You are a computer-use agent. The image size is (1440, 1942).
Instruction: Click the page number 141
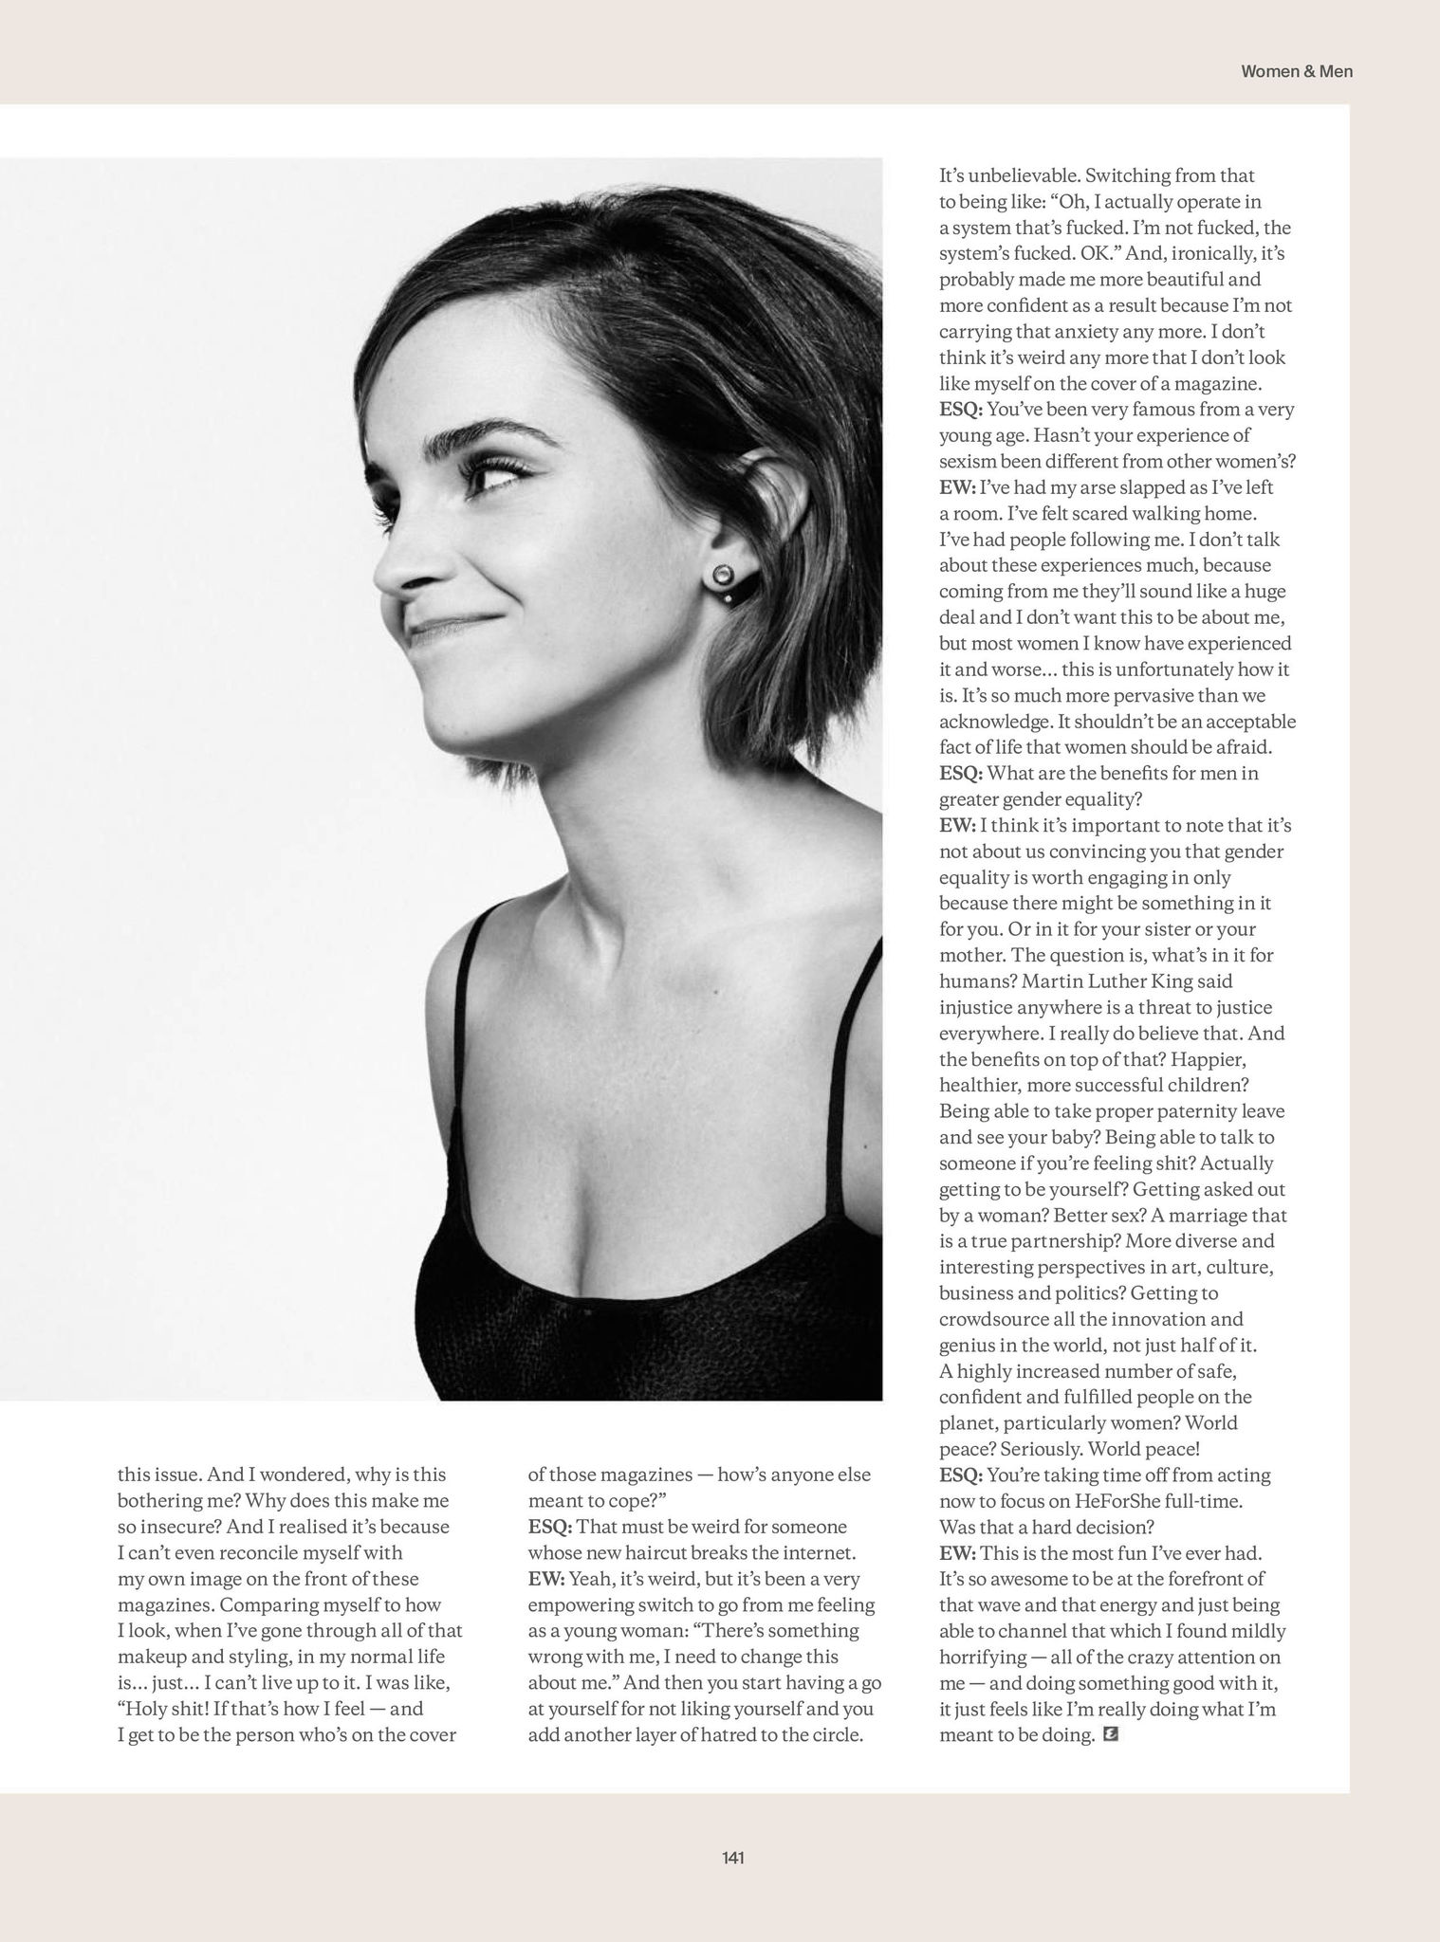[731, 1858]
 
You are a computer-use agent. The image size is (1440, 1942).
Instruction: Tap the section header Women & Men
[1296, 71]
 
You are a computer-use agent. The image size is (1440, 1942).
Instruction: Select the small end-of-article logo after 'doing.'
[1112, 1734]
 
